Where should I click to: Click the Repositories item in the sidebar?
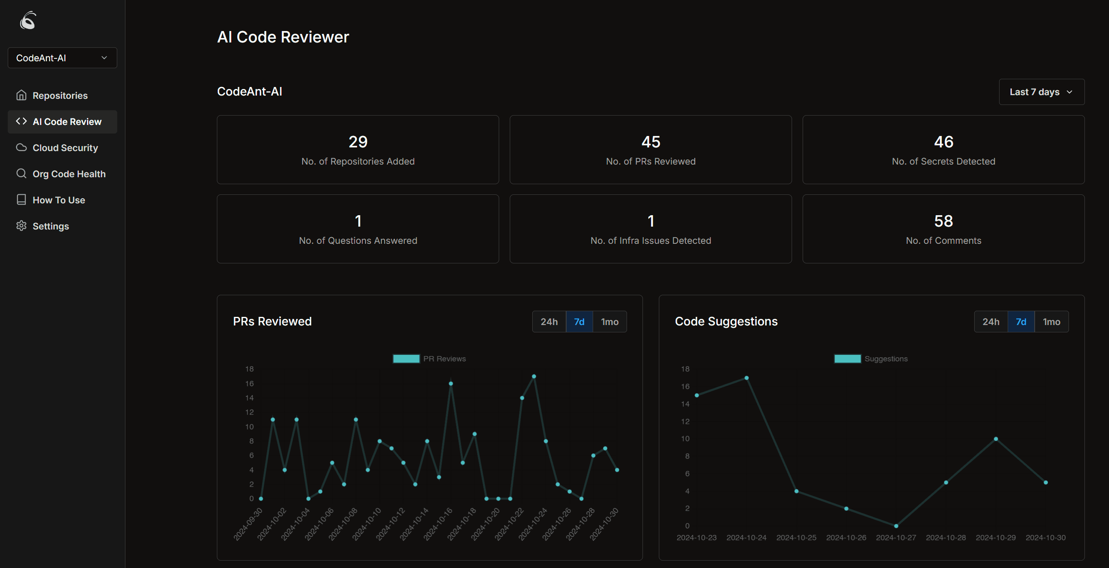60,96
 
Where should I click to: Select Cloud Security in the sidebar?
65,147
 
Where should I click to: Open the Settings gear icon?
21,226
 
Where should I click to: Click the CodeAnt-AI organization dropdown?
62,58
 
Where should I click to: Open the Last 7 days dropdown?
1040,91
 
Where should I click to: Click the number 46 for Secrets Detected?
943,142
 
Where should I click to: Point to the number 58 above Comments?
943,221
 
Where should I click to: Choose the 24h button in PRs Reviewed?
549,322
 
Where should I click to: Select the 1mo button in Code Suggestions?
1051,322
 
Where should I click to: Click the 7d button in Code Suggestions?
1020,322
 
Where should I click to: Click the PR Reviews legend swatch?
406,359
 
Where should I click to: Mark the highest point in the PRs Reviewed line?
533,376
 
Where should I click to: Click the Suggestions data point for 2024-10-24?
746,378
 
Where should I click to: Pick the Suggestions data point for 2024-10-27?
895,526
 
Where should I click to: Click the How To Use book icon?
21,200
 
